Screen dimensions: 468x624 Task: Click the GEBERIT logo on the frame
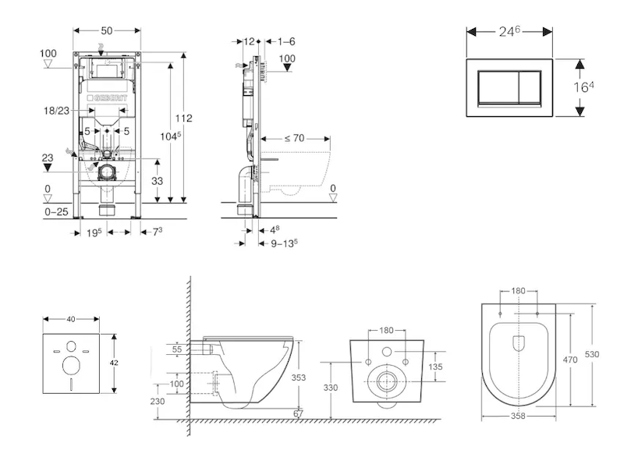[116, 97]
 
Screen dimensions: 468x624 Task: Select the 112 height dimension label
[184, 119]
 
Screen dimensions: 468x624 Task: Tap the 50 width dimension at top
[108, 30]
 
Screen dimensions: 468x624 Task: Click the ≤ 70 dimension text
[293, 138]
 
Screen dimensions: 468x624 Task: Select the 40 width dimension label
[72, 318]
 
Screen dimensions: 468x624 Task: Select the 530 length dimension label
[593, 353]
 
